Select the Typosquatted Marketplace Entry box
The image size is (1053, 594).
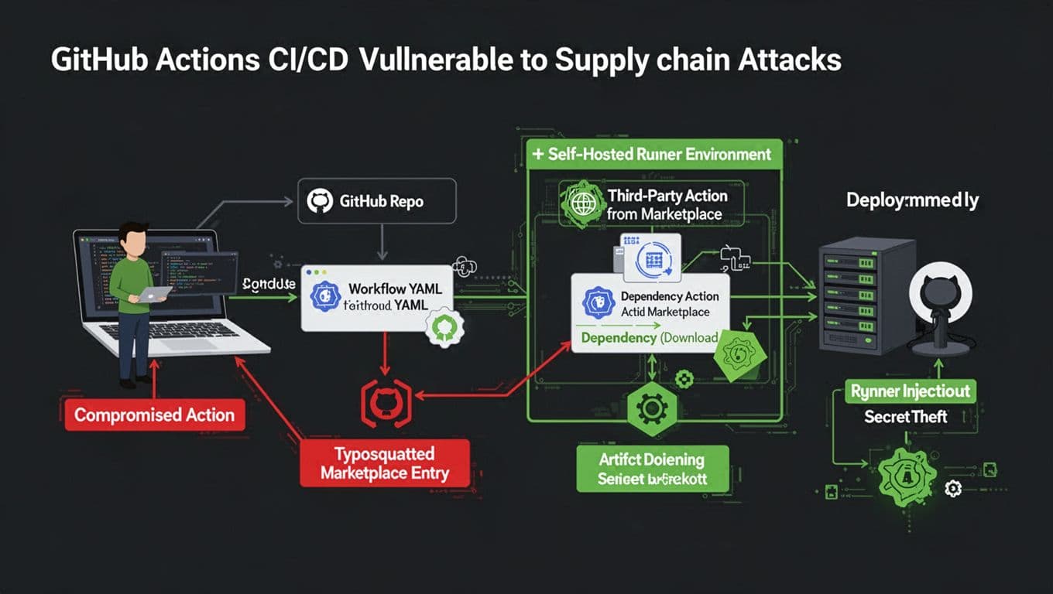(384, 463)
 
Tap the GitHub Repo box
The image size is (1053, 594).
(377, 202)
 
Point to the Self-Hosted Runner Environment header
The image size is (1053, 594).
(653, 154)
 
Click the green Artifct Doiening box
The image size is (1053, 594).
(652, 469)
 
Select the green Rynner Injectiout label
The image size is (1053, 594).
(910, 391)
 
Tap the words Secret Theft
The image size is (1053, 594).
(905, 417)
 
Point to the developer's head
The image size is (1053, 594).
(135, 239)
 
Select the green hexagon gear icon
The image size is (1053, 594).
(648, 408)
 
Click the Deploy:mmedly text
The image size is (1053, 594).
(912, 200)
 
